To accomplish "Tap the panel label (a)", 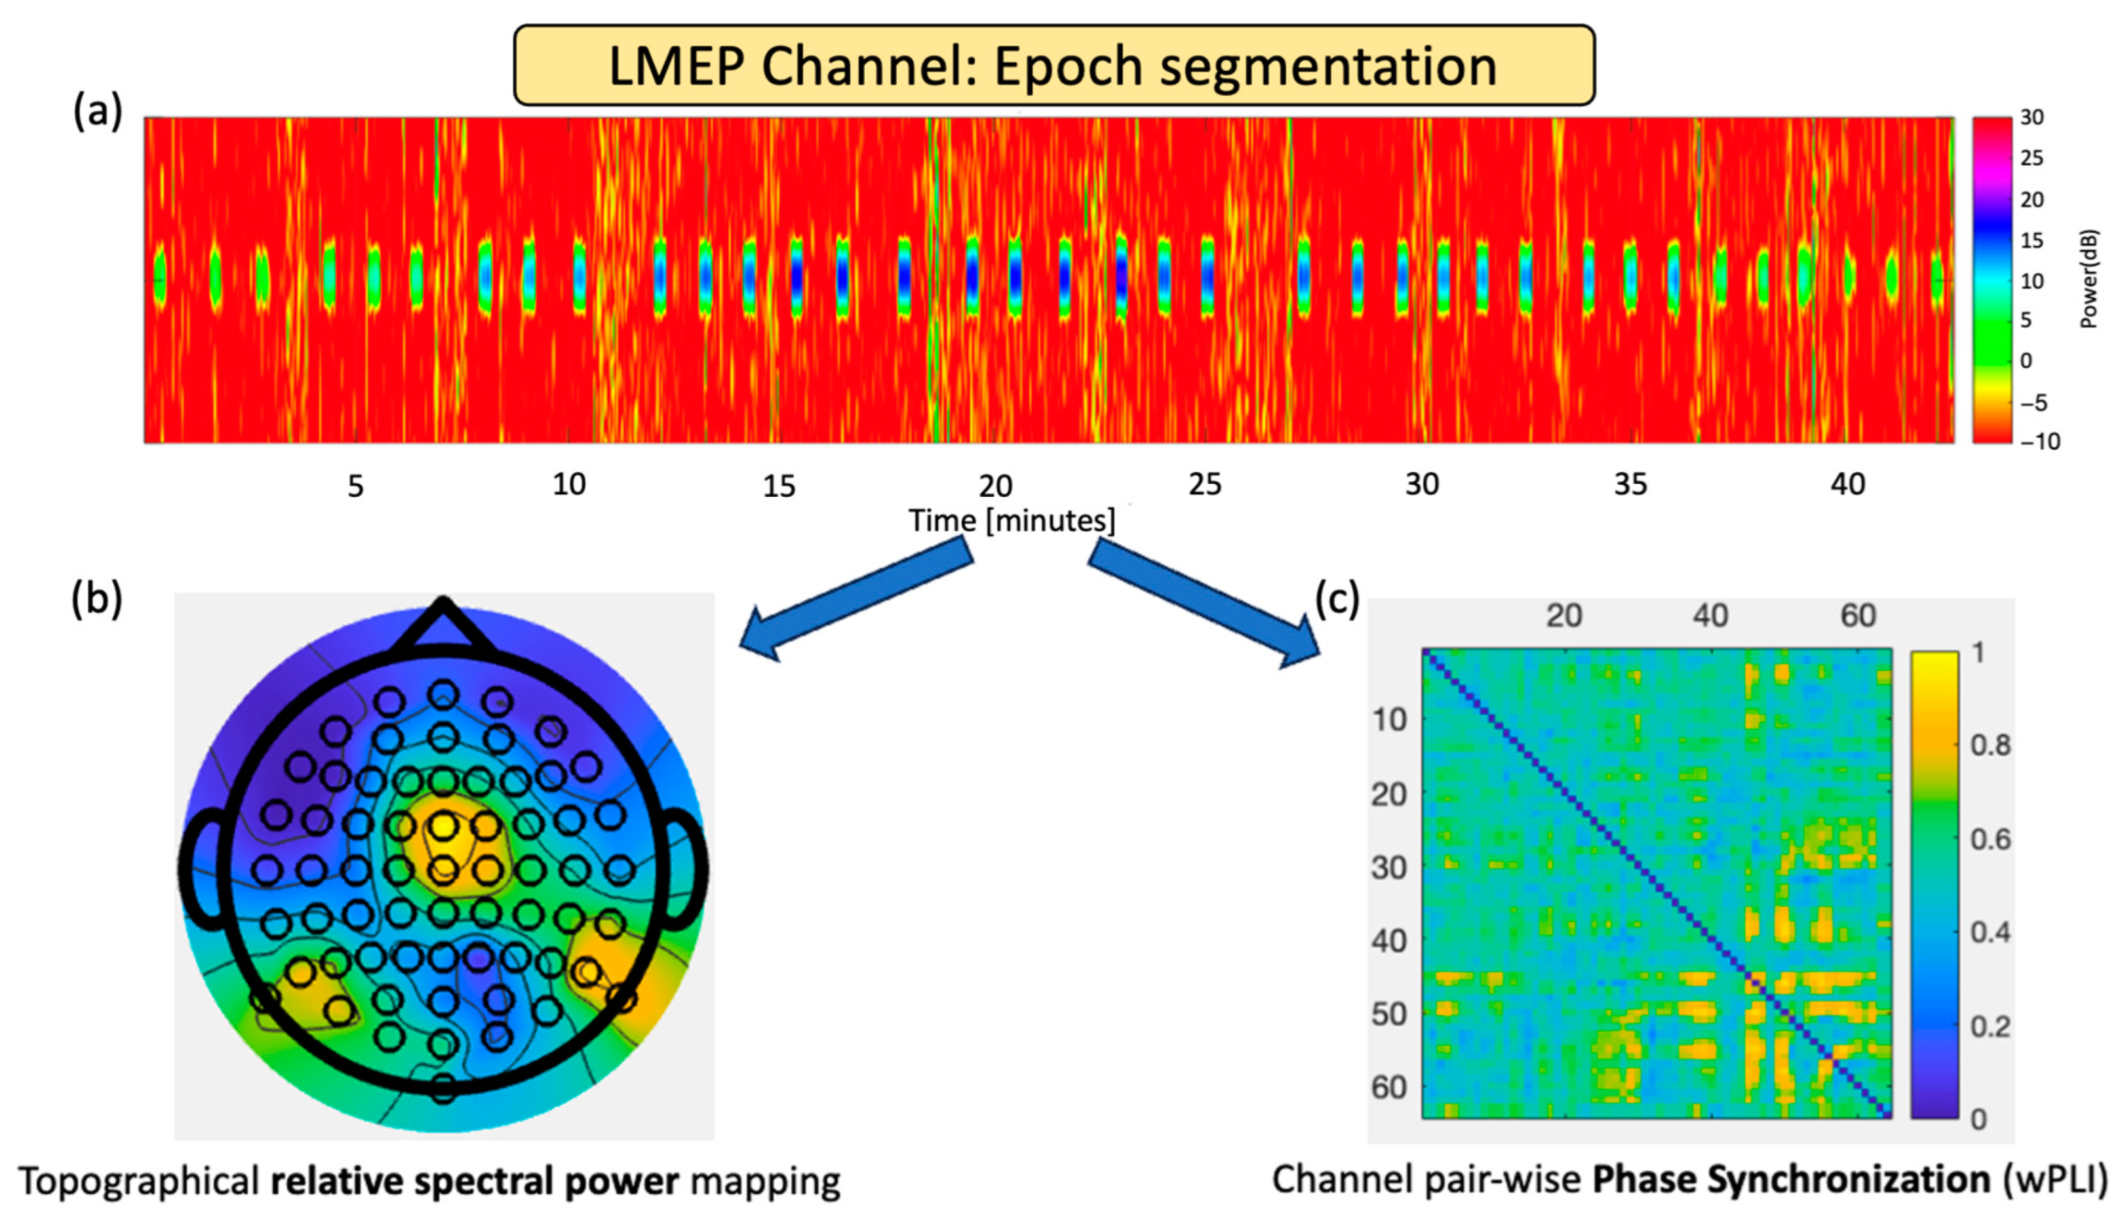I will pyautogui.click(x=97, y=110).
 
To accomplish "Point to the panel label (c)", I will pyautogui.click(x=1337, y=599).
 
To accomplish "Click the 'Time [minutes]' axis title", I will pyautogui.click(x=1012, y=521).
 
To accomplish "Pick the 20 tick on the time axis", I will pyautogui.click(x=995, y=485).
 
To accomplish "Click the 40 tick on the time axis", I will pyautogui.click(x=1847, y=484).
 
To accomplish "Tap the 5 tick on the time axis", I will pyautogui.click(x=355, y=485).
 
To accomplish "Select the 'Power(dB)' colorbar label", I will pyautogui.click(x=2089, y=279).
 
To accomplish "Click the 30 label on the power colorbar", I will pyautogui.click(x=2031, y=118).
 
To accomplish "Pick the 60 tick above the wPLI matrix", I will pyautogui.click(x=1858, y=616).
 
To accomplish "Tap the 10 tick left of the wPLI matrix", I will pyautogui.click(x=1389, y=719).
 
